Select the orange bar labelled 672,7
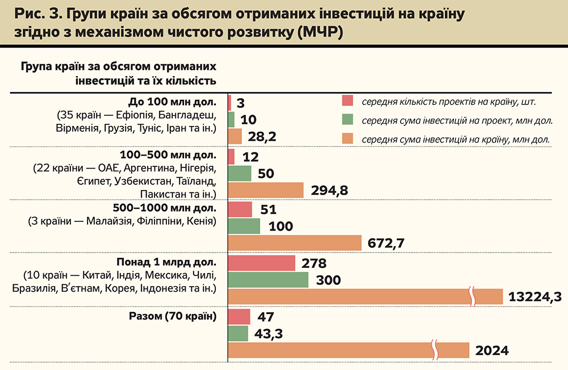coord(295,243)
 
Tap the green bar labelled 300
coord(268,280)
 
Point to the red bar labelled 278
coord(261,263)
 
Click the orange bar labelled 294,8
coord(266,190)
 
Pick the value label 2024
coord(492,351)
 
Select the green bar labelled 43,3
coord(238,333)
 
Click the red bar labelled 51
coord(240,209)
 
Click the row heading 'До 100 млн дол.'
coord(173,103)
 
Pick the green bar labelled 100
coord(244,226)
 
